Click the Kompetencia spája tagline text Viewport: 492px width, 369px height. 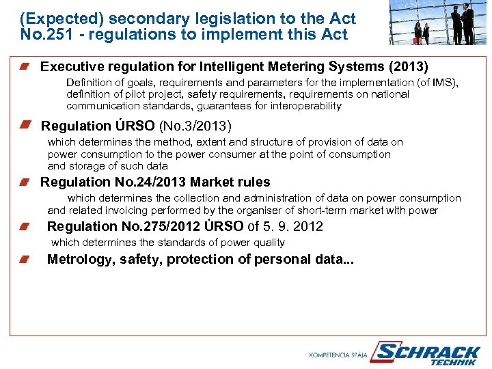[x=338, y=355]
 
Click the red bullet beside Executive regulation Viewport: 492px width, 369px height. [x=25, y=66]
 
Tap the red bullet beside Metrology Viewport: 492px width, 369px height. [x=25, y=259]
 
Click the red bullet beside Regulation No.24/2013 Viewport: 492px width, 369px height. [x=25, y=182]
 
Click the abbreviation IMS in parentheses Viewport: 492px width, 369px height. [x=442, y=82]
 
